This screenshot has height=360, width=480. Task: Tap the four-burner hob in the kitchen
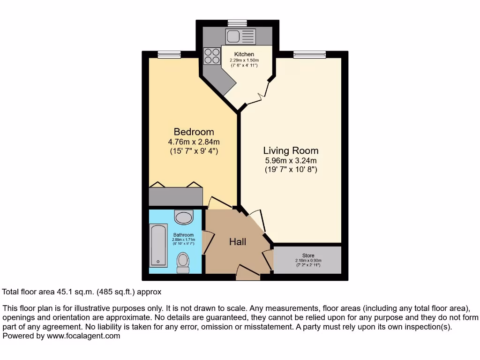tap(212, 56)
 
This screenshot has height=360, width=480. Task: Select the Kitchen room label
tap(244, 54)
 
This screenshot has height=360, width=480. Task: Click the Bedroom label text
tap(194, 132)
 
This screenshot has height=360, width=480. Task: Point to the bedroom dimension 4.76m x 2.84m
tap(194, 142)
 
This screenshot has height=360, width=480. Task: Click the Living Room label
tap(291, 150)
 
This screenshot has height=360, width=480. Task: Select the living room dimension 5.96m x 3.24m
tap(291, 160)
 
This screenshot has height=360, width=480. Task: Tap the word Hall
tap(238, 242)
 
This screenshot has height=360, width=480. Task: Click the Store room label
tap(308, 255)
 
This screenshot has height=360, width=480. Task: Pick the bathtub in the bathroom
tap(158, 245)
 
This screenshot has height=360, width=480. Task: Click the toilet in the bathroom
tap(183, 262)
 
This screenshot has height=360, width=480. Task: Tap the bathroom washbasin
tap(183, 217)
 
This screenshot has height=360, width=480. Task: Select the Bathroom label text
tap(183, 235)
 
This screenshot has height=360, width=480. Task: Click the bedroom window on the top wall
tap(169, 54)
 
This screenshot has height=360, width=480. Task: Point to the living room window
tap(309, 54)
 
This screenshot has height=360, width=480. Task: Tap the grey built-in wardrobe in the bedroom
tap(176, 196)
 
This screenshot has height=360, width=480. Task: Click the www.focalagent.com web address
tap(83, 336)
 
